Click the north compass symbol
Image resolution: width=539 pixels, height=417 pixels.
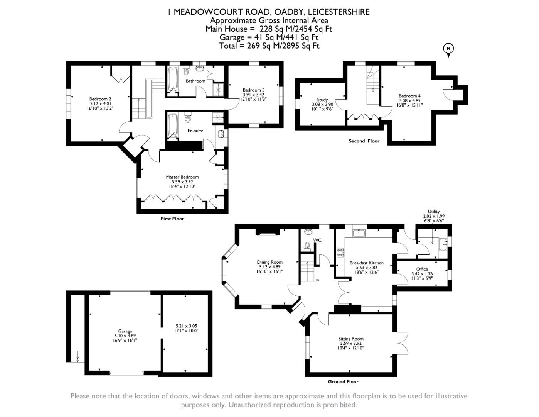coord(448,49)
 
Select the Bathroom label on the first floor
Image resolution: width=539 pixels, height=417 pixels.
coord(195,81)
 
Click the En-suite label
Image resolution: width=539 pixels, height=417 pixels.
coord(195,131)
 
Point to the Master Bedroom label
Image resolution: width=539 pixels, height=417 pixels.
coord(182,177)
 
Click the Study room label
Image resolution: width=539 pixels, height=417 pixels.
coord(322,100)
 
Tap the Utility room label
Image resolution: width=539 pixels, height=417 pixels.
coord(434,212)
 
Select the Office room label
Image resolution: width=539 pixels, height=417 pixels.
coord(422,269)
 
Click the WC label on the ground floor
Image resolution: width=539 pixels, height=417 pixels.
coord(317,240)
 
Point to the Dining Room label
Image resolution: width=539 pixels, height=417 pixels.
coord(270,262)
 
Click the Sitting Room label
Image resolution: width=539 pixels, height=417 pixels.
coord(352,339)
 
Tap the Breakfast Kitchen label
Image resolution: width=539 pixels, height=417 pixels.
coord(366,263)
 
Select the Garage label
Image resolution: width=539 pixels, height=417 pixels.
coord(125,331)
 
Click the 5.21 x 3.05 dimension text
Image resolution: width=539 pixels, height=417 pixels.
coord(186,326)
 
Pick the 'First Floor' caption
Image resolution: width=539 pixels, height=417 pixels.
coord(172,219)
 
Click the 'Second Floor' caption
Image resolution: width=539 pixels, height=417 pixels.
coord(364,141)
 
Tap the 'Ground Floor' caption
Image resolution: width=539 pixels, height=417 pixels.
coord(343,381)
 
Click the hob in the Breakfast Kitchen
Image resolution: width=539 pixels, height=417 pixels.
coord(341,253)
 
